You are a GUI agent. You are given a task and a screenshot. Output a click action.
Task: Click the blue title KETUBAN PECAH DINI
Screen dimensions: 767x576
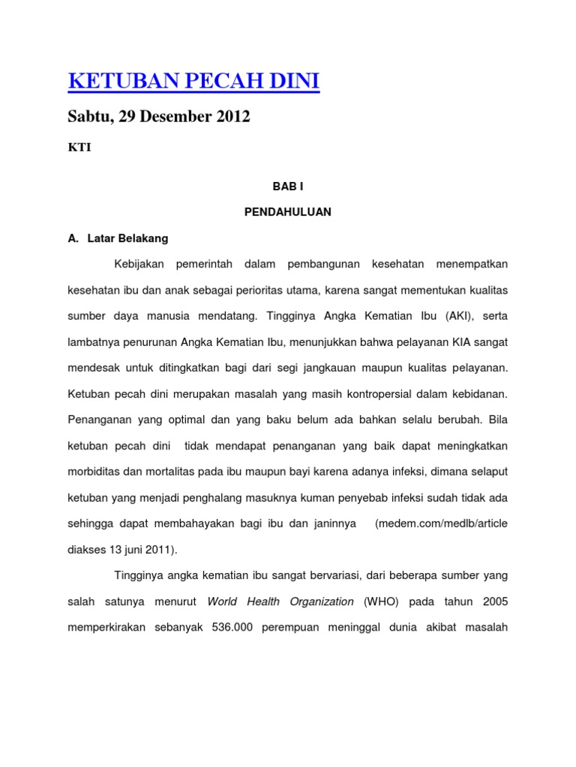click(193, 82)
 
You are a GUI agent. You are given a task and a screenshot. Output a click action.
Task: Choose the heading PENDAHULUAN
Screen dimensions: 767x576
click(287, 212)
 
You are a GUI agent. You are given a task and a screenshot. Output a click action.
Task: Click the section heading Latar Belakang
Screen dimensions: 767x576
click(127, 238)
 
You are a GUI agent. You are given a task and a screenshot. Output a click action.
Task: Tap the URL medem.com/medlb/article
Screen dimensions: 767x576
click(441, 524)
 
